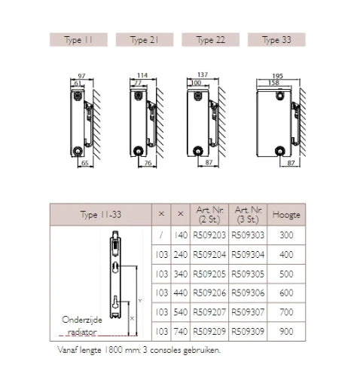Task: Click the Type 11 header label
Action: coord(78,40)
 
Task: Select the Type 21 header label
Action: coord(145,40)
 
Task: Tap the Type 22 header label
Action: coord(210,40)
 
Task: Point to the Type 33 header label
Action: coord(276,40)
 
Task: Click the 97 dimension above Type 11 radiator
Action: coord(81,75)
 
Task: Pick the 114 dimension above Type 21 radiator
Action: coord(142,75)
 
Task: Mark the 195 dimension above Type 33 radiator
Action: coord(278,75)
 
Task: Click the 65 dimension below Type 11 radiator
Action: coord(85,163)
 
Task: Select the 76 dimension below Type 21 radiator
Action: coord(148,163)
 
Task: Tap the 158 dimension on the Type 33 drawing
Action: coord(273,83)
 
